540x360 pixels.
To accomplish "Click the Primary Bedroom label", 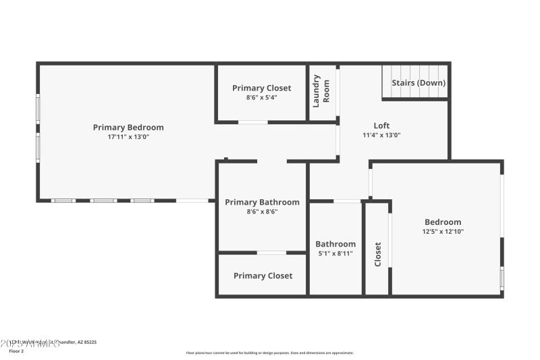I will (128, 127).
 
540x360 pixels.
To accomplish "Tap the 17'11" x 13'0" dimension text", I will (128, 136).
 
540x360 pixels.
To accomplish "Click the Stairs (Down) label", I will (418, 83).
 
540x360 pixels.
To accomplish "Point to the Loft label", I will (381, 126).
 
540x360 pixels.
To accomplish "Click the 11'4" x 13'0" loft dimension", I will (381, 135).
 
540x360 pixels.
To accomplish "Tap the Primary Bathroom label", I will (262, 202).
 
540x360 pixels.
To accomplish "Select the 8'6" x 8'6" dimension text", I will (262, 211).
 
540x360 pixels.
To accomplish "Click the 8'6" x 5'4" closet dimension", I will (262, 97).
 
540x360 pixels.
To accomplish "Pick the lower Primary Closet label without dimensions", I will (263, 276).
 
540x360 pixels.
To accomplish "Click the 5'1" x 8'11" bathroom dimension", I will (335, 254).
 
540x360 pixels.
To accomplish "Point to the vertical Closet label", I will (377, 254).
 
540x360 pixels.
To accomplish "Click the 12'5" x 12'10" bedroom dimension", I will (443, 232).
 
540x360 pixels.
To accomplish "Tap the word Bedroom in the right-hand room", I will (443, 222).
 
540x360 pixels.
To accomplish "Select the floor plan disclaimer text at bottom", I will (269, 353).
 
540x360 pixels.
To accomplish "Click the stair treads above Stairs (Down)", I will (414, 71).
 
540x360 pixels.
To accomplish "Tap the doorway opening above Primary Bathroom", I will (271, 161).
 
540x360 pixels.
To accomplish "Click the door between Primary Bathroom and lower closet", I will (271, 253).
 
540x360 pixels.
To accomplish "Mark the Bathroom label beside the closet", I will (335, 244).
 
